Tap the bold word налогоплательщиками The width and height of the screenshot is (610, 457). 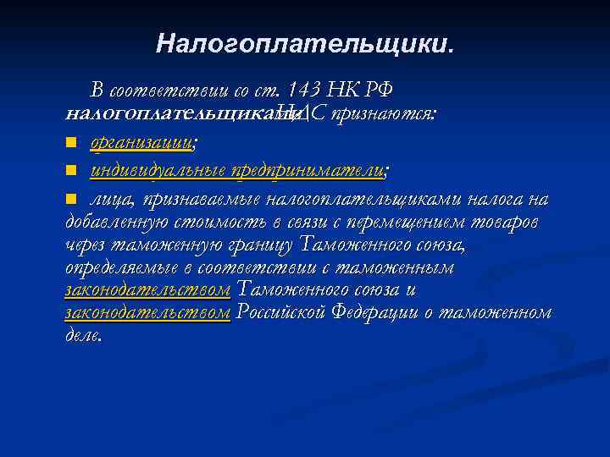[x=170, y=113]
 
